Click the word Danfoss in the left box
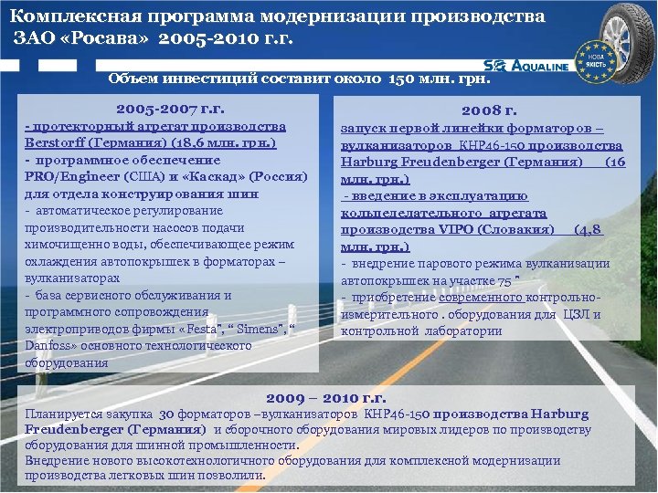tap(50, 346)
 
